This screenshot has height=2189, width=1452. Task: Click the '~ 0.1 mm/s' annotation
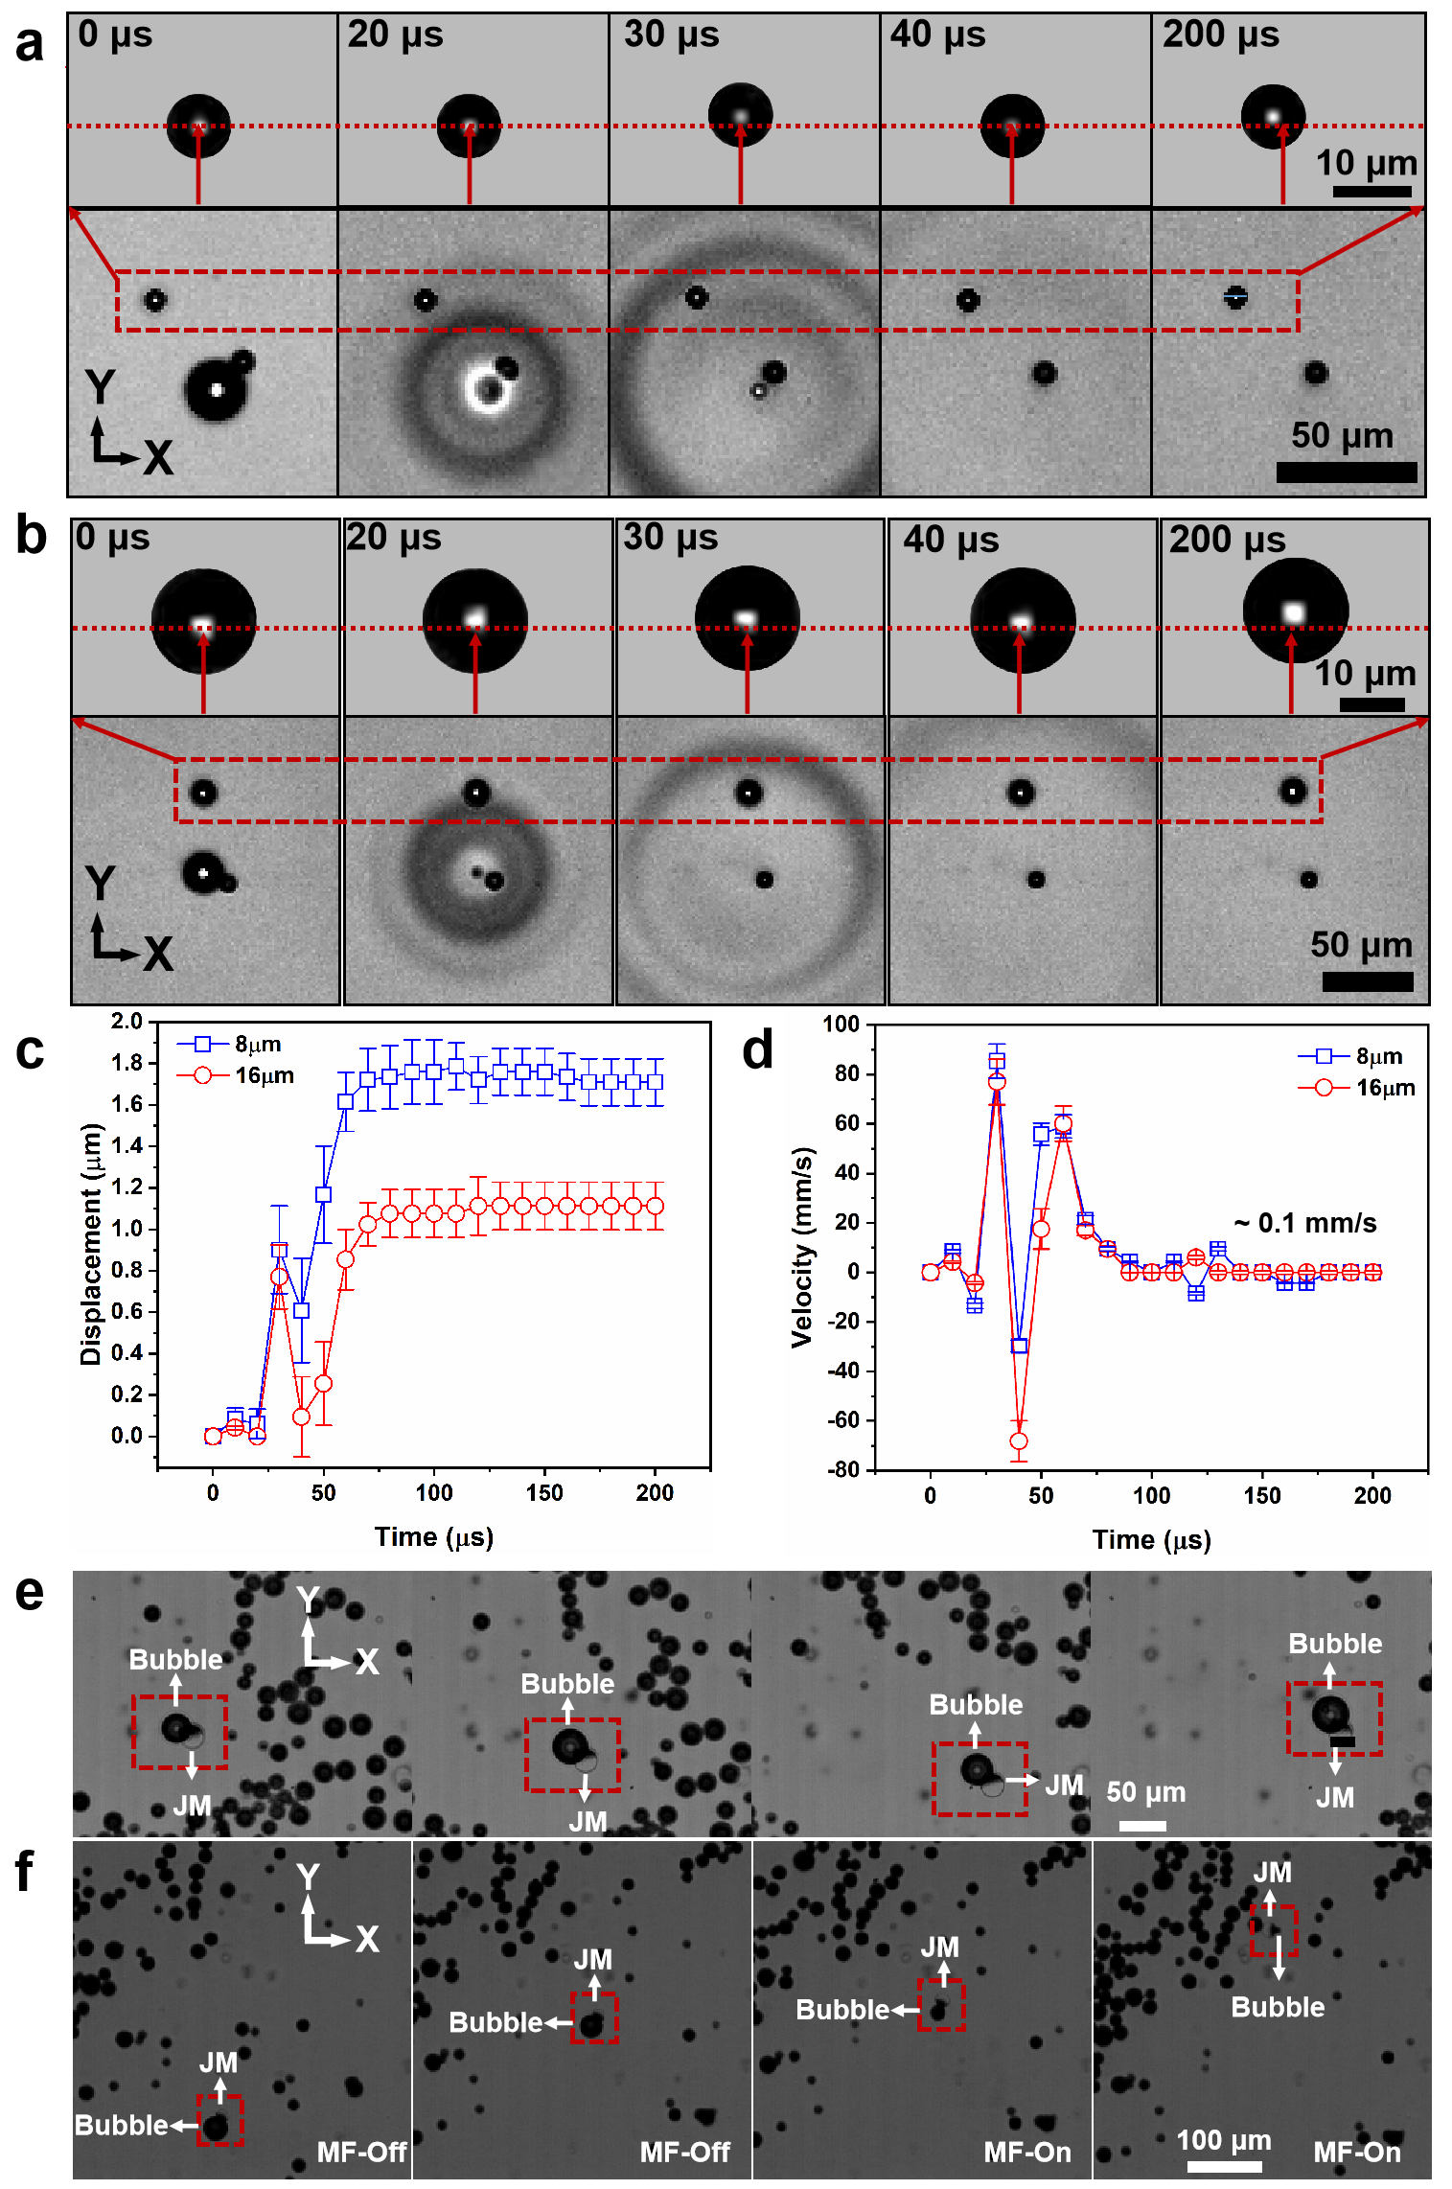(1304, 1223)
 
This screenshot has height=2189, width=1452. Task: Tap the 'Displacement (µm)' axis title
(91, 1244)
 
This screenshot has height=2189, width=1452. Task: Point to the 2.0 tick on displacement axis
(127, 1021)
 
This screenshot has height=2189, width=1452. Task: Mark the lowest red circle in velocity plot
(1019, 1441)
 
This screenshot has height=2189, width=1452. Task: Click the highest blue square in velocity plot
(997, 1061)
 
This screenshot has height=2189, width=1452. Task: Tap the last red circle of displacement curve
(656, 1206)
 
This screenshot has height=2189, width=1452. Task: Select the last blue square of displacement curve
(656, 1082)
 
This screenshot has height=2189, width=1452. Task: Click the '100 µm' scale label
(1223, 2140)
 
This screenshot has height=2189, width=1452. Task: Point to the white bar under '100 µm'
(1224, 2165)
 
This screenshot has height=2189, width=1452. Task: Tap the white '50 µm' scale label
(1145, 1792)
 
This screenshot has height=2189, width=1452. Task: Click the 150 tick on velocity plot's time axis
(1262, 1496)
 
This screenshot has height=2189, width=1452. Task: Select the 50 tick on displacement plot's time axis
(324, 1492)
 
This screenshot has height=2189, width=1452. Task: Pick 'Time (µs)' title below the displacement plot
(433, 1537)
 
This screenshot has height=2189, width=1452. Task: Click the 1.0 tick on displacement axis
(127, 1229)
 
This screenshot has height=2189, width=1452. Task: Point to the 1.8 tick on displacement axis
(127, 1063)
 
